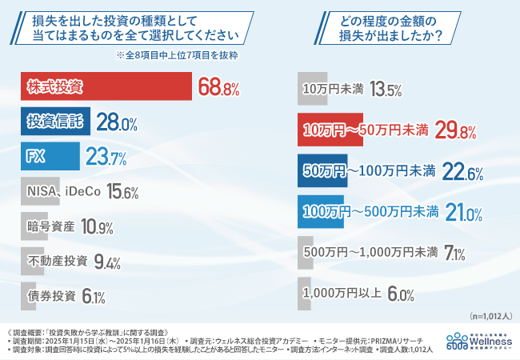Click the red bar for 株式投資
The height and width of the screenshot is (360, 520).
[104, 86]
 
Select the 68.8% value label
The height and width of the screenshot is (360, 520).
[219, 87]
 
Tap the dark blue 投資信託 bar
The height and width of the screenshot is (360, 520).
[53, 122]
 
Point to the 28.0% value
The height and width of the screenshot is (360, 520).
[118, 122]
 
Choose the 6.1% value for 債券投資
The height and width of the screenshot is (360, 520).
[94, 296]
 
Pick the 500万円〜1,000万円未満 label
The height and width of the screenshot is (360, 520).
[370, 253]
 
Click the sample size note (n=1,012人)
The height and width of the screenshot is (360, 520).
[488, 315]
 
